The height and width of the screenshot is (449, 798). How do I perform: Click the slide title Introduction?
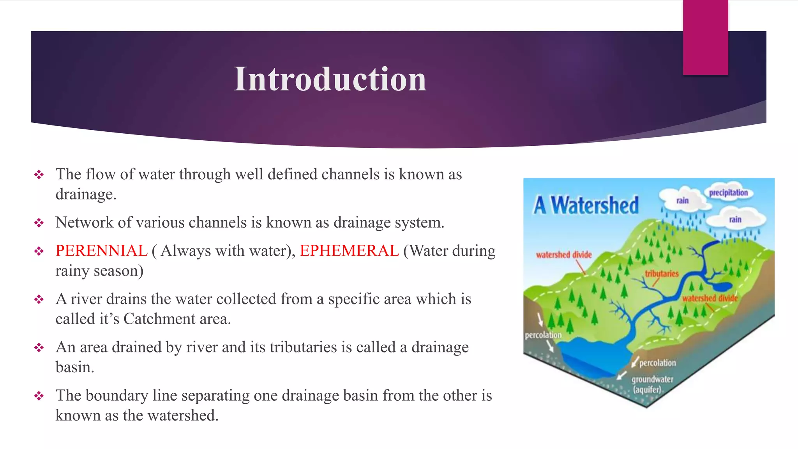(x=330, y=79)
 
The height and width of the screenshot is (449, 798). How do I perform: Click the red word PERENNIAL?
(x=101, y=251)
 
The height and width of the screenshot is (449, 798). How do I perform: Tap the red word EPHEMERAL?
(x=349, y=251)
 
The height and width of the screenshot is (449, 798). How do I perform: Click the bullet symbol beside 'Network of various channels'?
(x=39, y=223)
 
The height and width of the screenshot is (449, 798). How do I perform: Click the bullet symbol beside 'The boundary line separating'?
(x=39, y=396)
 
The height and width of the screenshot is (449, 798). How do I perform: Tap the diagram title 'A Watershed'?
(x=586, y=205)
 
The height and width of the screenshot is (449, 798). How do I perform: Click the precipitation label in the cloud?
(x=728, y=193)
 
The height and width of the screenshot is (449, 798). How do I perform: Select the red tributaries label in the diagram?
(x=662, y=274)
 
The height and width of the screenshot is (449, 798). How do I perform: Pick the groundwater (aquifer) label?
(x=652, y=384)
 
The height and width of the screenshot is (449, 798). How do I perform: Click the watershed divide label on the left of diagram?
(x=563, y=255)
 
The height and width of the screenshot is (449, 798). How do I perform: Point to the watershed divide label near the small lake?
(x=710, y=298)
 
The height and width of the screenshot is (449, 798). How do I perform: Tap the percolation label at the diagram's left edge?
(x=543, y=335)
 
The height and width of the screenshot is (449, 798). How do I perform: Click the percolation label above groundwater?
(x=657, y=363)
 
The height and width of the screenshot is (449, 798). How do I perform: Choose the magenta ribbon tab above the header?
(x=705, y=37)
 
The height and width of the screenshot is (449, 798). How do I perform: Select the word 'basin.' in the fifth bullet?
(x=75, y=367)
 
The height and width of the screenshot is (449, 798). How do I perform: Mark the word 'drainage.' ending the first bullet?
(x=86, y=194)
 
